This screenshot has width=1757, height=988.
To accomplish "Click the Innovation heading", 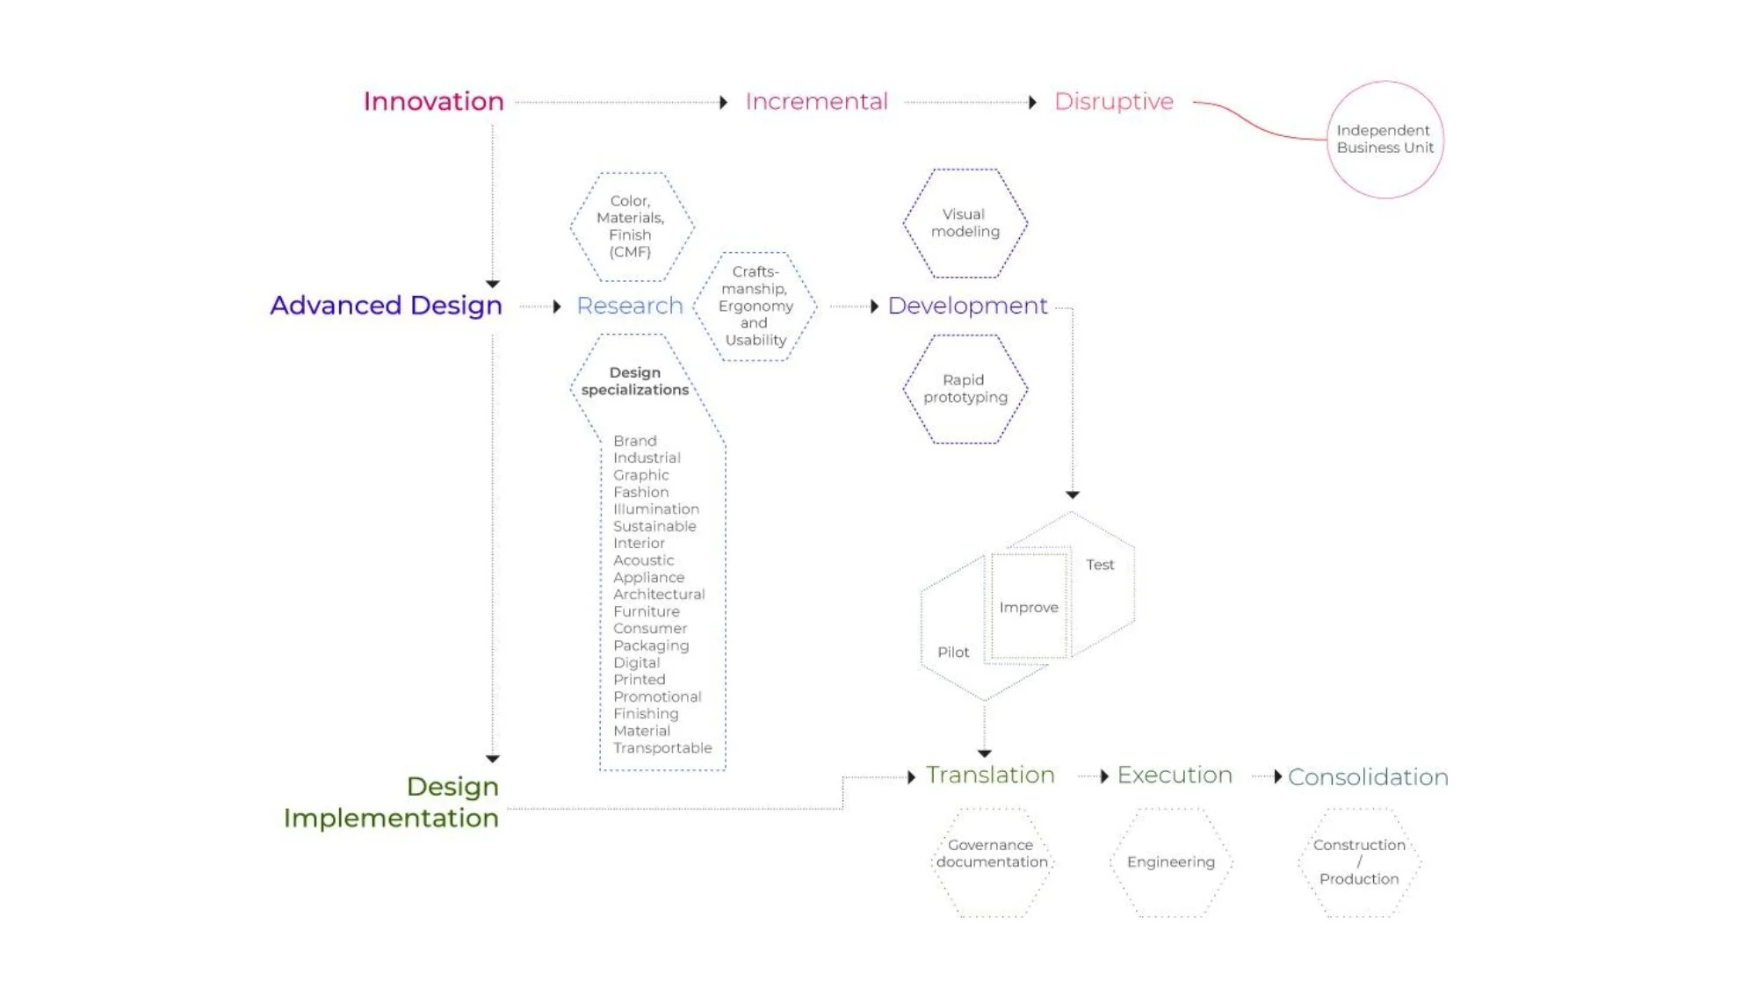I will point(433,102).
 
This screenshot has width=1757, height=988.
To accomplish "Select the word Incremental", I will point(816,102).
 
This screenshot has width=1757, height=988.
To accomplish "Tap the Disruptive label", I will point(1113,102).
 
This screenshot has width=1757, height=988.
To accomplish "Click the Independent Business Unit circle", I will point(1385,140).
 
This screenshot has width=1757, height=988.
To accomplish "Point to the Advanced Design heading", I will point(386,306).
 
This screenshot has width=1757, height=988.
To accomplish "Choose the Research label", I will point(629,306).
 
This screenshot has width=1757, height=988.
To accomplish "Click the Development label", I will point(967,306).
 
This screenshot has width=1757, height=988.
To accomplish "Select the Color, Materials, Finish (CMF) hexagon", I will point(631,227).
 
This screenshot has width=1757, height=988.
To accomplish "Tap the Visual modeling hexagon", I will point(965,223).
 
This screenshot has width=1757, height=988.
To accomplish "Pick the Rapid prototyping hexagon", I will point(965,389).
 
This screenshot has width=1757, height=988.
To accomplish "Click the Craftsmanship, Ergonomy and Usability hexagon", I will point(756,306).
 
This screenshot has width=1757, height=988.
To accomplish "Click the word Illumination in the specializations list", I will point(655,509).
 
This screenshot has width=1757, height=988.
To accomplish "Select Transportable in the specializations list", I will point(662,748).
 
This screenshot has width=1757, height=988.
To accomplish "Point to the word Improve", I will point(1029,608).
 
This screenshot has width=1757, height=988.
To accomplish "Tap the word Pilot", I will point(953,653).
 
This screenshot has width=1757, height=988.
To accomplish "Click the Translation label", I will point(990,775).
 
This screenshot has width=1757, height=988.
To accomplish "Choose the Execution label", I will point(1175,775).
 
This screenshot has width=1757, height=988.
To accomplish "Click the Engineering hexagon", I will point(1171,862).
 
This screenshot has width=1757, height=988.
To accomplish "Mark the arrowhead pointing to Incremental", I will point(723,103).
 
